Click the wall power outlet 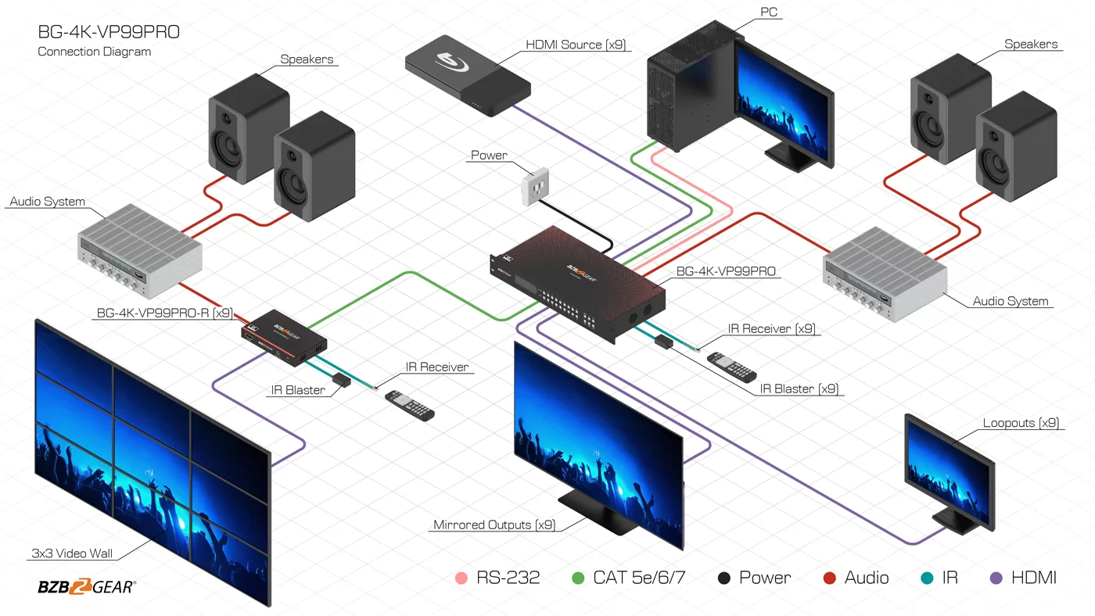click(x=535, y=186)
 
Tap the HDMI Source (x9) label click(x=576, y=45)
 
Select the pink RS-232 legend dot click(x=461, y=578)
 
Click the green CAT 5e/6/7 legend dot click(x=578, y=578)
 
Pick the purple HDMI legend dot click(x=996, y=578)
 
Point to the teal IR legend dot click(x=927, y=578)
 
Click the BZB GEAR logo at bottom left click(x=87, y=586)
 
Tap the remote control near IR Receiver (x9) click(x=732, y=367)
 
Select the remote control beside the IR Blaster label click(x=410, y=406)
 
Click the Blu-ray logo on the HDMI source click(x=451, y=62)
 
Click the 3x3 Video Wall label click(x=72, y=553)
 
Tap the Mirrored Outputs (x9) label click(x=494, y=525)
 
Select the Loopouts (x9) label click(x=1021, y=423)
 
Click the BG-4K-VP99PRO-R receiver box click(x=284, y=338)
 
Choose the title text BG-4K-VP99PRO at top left click(x=109, y=32)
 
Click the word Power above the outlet click(x=489, y=156)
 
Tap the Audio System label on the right click(x=1011, y=301)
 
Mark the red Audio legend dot click(x=830, y=578)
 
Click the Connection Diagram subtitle click(x=95, y=52)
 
